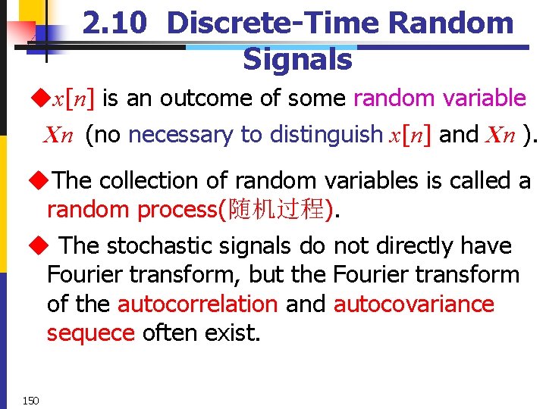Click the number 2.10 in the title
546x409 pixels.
pyautogui.click(x=116, y=23)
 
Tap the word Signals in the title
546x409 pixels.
pyautogui.click(x=297, y=59)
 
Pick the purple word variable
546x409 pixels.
pyautogui.click(x=484, y=98)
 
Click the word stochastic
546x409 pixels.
pyautogui.click(x=157, y=245)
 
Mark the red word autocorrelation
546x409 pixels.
pyautogui.click(x=197, y=304)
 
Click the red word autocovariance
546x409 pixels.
pyautogui.click(x=413, y=304)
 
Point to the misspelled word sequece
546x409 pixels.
pyautogui.click(x=90, y=333)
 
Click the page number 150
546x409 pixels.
pyautogui.click(x=30, y=401)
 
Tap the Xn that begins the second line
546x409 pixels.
pyautogui.click(x=58, y=136)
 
